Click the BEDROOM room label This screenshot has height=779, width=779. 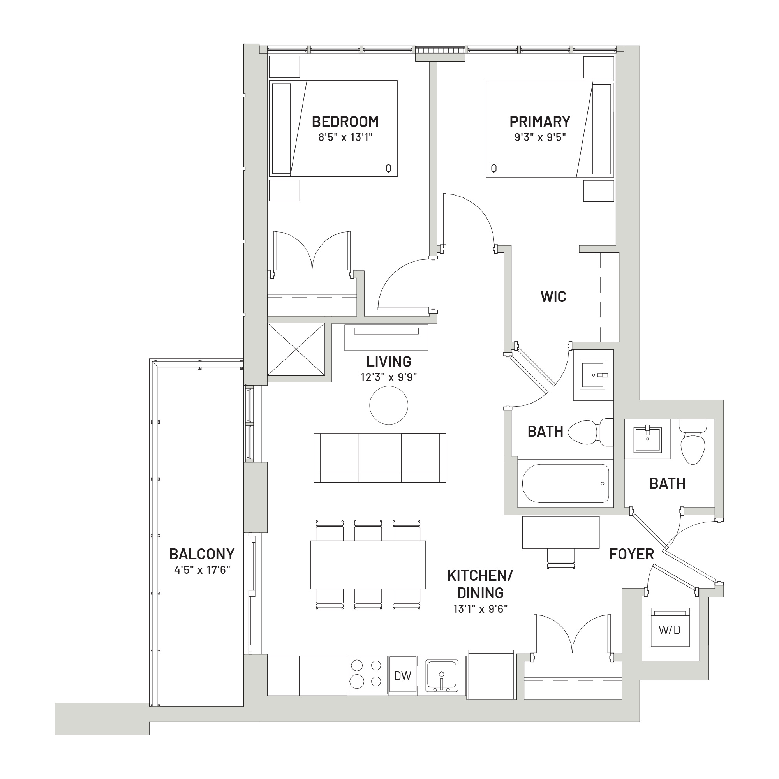345,122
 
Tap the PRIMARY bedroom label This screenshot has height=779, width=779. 539,122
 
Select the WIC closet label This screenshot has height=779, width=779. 553,297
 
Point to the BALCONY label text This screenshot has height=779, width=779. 202,554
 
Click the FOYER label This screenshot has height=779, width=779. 631,554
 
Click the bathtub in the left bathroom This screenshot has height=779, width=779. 565,483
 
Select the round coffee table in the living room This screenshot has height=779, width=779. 389,405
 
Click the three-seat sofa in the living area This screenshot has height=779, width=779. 380,458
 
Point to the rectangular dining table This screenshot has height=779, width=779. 368,565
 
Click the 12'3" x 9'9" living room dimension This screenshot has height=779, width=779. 389,377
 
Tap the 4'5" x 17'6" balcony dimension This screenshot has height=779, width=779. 202,570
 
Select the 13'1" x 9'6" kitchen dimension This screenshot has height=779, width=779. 480,609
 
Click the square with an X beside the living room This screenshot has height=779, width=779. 296,349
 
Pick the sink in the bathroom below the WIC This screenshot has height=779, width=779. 593,375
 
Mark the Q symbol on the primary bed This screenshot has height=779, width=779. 494,169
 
